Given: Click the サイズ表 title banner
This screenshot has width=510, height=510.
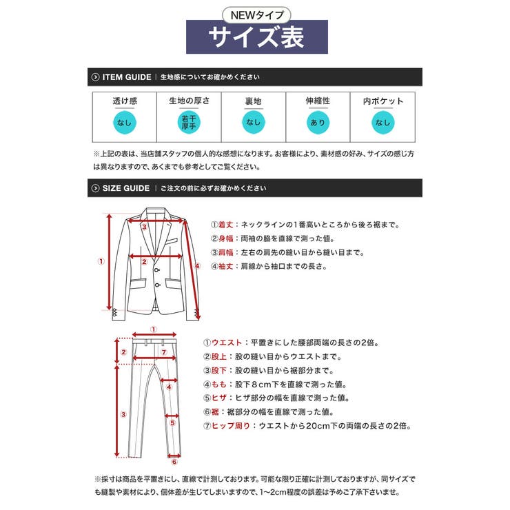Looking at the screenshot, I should pos(256,37).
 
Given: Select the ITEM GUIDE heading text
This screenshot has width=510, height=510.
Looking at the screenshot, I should pos(127,77).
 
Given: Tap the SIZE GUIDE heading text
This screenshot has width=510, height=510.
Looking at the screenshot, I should pos(125,187).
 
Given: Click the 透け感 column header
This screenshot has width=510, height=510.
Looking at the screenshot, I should pos(125,101).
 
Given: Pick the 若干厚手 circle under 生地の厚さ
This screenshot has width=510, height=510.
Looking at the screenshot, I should pos(189,123).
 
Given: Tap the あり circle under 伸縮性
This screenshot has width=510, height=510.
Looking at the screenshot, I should pos(318,123).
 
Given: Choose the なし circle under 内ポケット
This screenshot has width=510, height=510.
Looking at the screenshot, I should pos(382,123).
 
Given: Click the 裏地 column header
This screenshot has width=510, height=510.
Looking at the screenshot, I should pos(254,101).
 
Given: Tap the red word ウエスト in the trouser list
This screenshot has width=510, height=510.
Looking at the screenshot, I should pos(227,343).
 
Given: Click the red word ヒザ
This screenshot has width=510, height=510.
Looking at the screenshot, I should pos(222,398).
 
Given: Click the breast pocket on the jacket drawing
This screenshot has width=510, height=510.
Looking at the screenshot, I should pos(171,243).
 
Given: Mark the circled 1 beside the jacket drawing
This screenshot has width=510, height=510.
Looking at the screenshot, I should pos(101,261).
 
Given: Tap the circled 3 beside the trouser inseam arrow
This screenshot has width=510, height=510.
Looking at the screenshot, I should pos(123,414).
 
